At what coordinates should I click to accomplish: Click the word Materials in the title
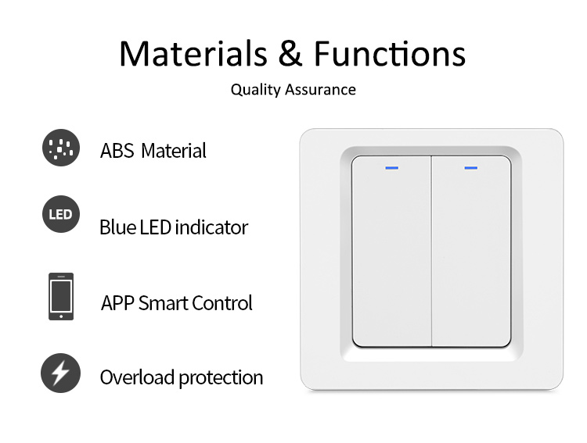pyautogui.click(x=193, y=53)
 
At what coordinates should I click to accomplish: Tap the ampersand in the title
pyautogui.click(x=290, y=53)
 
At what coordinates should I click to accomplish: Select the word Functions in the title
pyautogui.click(x=389, y=53)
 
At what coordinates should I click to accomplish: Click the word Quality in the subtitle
pyautogui.click(x=255, y=90)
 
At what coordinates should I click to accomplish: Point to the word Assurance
pyautogui.click(x=320, y=90)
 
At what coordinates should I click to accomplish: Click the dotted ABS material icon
pyautogui.click(x=61, y=148)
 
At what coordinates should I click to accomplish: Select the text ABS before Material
pyautogui.click(x=117, y=151)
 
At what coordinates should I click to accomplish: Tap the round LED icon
pyautogui.click(x=61, y=214)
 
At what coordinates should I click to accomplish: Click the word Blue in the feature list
pyautogui.click(x=117, y=227)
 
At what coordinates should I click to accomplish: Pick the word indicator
pyautogui.click(x=211, y=227)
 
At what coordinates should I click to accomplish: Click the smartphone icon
pyautogui.click(x=61, y=296)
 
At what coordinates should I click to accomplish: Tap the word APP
pyautogui.click(x=117, y=303)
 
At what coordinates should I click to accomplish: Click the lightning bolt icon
pyautogui.click(x=60, y=373)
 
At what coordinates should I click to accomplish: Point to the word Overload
pyautogui.click(x=138, y=377)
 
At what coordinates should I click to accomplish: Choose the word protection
pyautogui.click(x=221, y=378)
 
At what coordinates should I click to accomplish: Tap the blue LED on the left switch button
pyautogui.click(x=391, y=168)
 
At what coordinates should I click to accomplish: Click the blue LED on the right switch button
pyautogui.click(x=471, y=168)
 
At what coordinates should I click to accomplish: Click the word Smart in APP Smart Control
pyautogui.click(x=163, y=303)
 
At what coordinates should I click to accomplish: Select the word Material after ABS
pyautogui.click(x=174, y=151)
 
